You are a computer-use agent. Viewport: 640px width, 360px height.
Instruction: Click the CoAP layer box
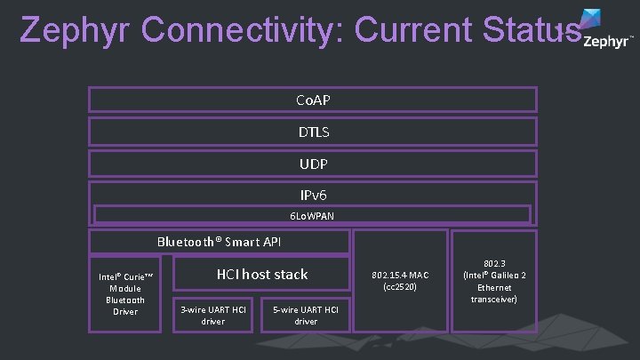click(312, 100)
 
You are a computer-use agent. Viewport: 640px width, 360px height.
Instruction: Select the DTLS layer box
click(312, 132)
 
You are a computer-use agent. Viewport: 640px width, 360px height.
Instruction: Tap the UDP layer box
click(312, 164)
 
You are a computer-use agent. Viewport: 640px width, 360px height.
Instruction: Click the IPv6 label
click(312, 193)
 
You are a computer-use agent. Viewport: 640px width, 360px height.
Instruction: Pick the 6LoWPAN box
click(312, 215)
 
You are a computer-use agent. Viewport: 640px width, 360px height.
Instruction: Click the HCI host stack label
click(262, 275)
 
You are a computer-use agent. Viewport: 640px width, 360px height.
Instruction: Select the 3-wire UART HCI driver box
click(213, 315)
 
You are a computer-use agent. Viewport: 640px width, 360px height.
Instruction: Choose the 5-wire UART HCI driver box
click(306, 315)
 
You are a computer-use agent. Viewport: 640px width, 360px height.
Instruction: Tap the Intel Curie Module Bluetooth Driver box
click(125, 293)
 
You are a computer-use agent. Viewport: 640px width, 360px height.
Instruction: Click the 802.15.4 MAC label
click(400, 275)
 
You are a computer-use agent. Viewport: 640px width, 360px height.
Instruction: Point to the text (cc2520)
click(400, 287)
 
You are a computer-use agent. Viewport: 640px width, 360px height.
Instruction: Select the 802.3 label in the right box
click(494, 264)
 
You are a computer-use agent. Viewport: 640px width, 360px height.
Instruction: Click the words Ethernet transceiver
click(494, 293)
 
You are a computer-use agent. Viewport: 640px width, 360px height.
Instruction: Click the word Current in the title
click(414, 29)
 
